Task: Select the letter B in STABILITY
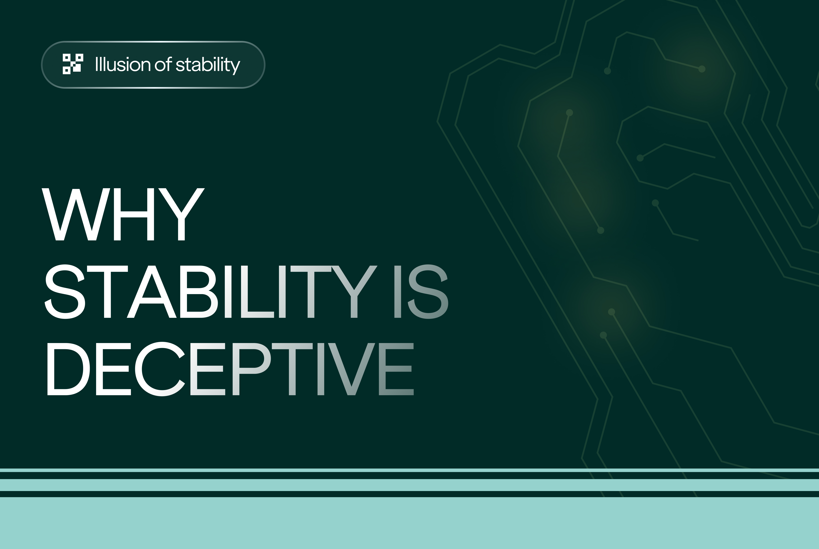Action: (x=199, y=292)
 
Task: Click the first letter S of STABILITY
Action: (x=65, y=292)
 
